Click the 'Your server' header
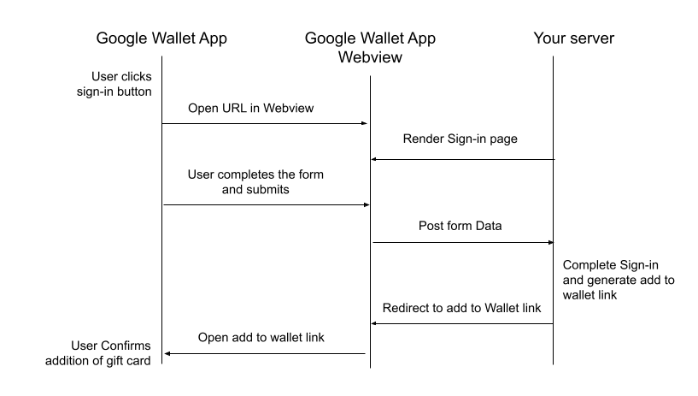573,38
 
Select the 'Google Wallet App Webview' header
369,48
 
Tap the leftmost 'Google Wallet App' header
161,38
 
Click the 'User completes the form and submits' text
255,182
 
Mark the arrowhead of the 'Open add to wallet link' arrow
167,353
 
